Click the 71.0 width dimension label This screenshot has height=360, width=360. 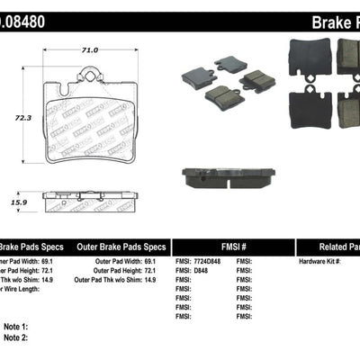pos(88,50)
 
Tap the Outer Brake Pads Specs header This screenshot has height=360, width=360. pos(120,246)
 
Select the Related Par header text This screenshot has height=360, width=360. pos(328,246)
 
